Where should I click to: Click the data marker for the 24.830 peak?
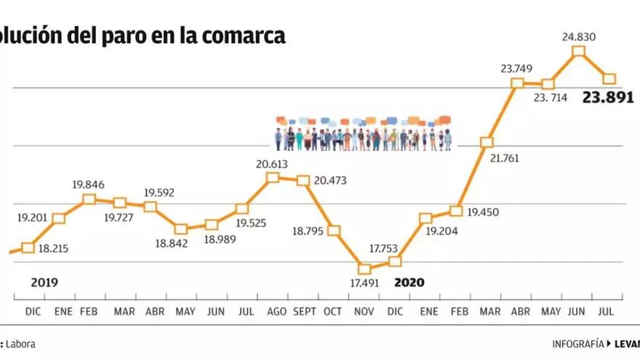[x=579, y=51]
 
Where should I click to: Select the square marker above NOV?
[x=364, y=268]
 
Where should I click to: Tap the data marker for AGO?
[x=273, y=177]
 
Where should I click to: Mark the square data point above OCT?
[x=334, y=231]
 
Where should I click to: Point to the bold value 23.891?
[x=609, y=97]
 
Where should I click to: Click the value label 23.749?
[x=516, y=69]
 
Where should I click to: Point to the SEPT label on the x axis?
[x=303, y=312]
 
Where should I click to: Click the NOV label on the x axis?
[x=364, y=312]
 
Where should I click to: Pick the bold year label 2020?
[x=409, y=282]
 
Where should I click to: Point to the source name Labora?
[x=21, y=344]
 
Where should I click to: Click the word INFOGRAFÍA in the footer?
[x=577, y=344]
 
